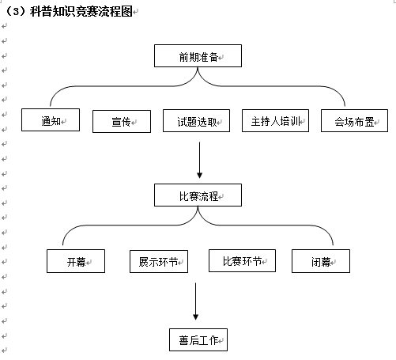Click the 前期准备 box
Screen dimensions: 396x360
198,55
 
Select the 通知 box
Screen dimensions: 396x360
51,119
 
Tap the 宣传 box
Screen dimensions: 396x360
122,121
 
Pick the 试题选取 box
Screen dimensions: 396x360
196,120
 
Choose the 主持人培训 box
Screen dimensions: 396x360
275,120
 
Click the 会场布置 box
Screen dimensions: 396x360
354,120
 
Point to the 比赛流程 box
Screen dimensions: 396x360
198,195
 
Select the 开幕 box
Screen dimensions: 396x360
76,261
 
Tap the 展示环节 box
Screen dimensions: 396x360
159,261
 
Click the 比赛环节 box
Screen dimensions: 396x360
242,260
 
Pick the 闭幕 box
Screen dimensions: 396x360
321,261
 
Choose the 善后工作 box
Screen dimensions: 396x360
198,339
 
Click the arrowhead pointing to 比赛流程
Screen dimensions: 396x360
199,175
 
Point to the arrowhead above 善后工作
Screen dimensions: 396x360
195,317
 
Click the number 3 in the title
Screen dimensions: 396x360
16,12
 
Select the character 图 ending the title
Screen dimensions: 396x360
126,11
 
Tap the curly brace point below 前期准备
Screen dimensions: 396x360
198,68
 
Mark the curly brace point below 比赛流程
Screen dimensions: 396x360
198,207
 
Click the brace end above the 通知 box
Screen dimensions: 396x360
51,106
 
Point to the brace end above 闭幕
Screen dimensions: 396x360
333,244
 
